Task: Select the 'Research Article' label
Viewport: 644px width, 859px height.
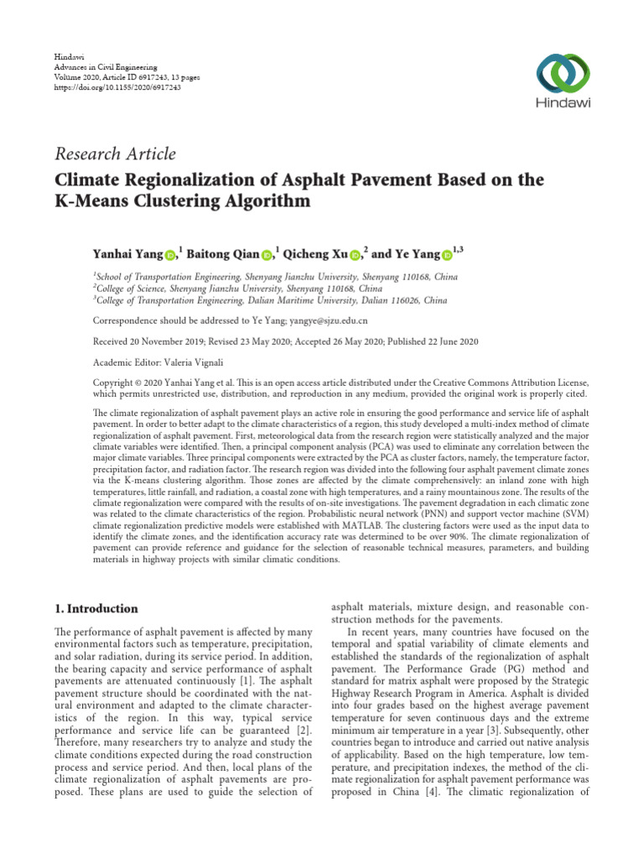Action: click(x=115, y=154)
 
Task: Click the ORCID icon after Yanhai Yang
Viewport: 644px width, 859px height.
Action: click(x=170, y=254)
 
